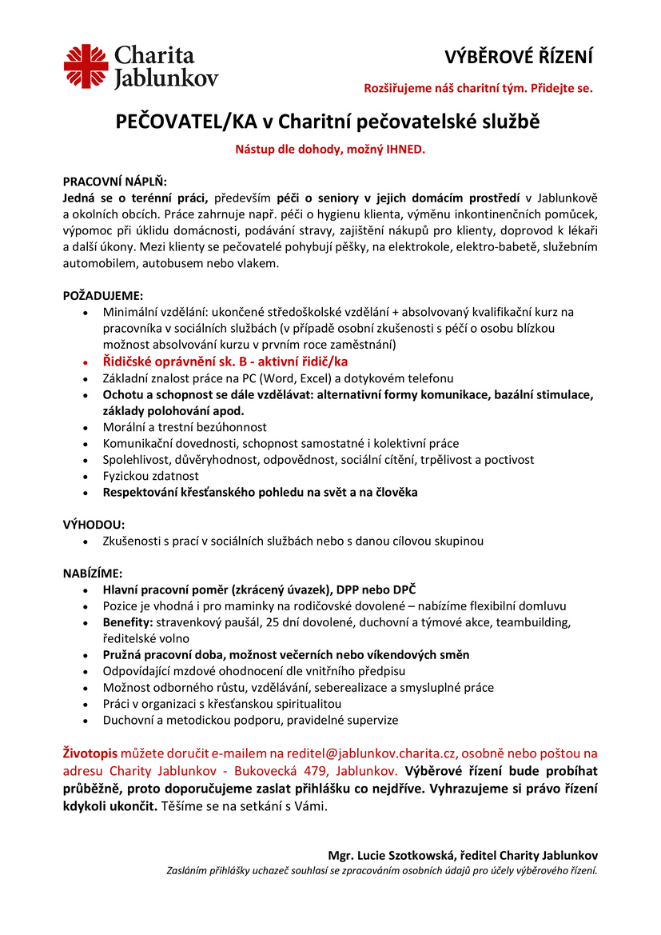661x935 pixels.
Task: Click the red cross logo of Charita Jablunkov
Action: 86,66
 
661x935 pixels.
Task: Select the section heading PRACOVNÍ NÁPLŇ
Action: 115,182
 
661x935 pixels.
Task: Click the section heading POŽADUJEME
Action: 103,295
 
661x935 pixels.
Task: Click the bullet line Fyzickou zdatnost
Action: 150,476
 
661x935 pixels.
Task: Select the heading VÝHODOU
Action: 94,525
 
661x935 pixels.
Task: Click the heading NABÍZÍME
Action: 93,573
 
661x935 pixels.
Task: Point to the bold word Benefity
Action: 128,622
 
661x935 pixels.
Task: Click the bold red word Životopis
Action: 90,753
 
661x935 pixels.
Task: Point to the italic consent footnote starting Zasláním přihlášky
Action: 381,870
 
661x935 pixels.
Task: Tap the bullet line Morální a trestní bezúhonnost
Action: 185,427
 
